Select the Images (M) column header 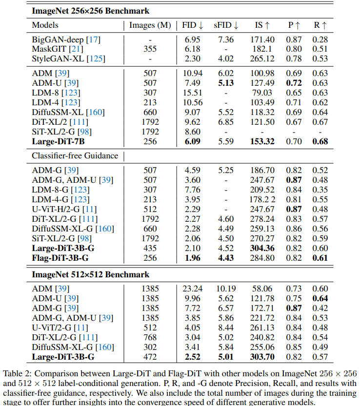click(150, 25)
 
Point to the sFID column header click(226, 25)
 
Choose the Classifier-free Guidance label click(75, 155)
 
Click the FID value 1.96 click(192, 258)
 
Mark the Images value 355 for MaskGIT click(150, 49)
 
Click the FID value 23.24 click(192, 289)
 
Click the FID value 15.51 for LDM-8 click(192, 93)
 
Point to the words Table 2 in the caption click(17, 374)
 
